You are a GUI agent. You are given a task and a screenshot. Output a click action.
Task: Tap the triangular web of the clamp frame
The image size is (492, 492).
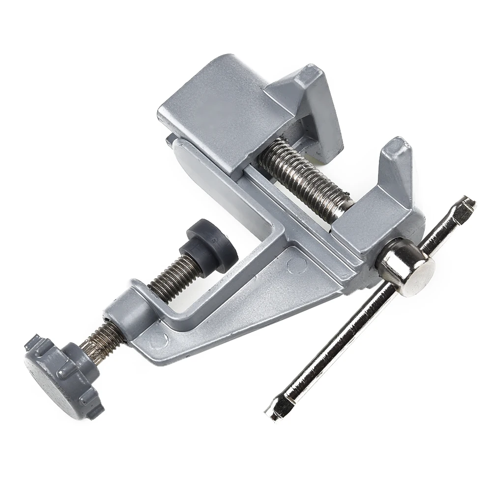[x=246, y=305]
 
